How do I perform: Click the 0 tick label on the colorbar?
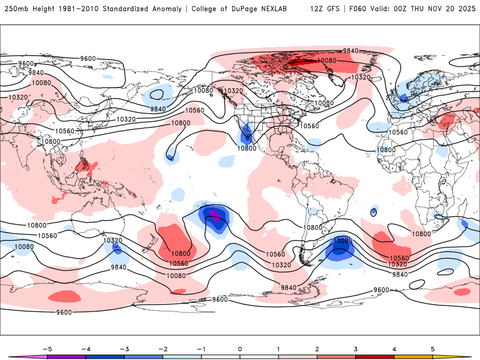tap(240, 348)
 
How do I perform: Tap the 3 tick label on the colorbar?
tap(356, 348)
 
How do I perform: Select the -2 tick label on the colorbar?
tap(163, 348)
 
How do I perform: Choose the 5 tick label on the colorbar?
tap(433, 348)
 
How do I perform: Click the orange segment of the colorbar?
tap(413, 357)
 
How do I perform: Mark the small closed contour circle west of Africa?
tap(374, 211)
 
